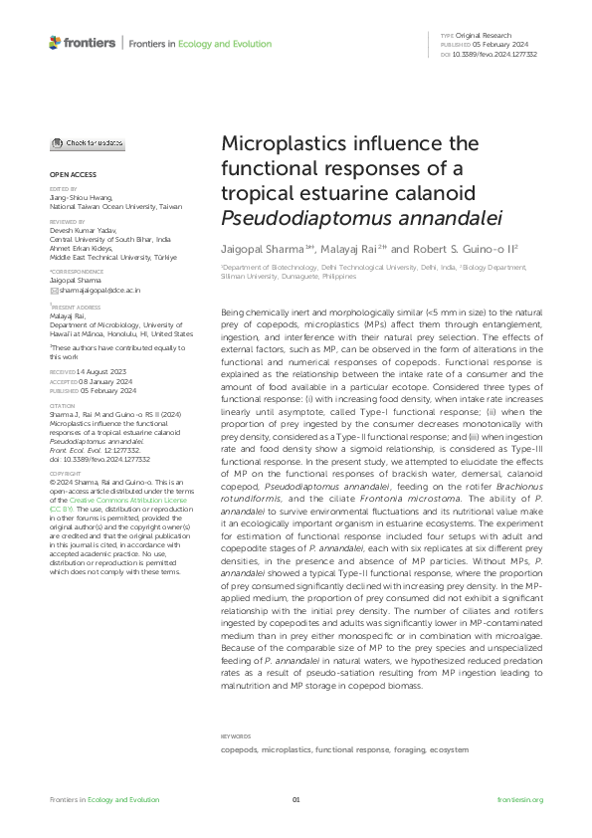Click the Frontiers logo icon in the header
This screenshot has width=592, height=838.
pyautogui.click(x=55, y=43)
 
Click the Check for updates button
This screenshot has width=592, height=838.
pyautogui.click(x=88, y=143)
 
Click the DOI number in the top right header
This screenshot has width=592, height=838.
pyautogui.click(x=495, y=54)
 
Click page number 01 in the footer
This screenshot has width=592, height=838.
pyautogui.click(x=296, y=800)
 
